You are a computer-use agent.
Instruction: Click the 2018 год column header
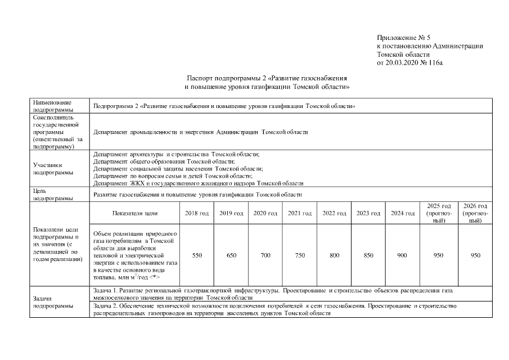pyautogui.click(x=197, y=213)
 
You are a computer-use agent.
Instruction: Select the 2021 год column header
pyautogui.click(x=300, y=213)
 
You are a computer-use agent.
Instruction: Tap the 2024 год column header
pyautogui.click(x=402, y=213)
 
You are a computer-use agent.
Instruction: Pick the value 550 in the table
pyautogui.click(x=197, y=255)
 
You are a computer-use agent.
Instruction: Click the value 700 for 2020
pyautogui.click(x=265, y=255)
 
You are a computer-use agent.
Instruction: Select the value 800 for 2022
pyautogui.click(x=334, y=255)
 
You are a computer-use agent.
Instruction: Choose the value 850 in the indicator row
pyautogui.click(x=368, y=255)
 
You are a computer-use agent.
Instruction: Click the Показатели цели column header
pyautogui.click(x=135, y=213)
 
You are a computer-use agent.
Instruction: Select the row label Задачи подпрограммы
pyautogui.click(x=53, y=302)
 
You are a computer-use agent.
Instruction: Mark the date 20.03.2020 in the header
pyautogui.click(x=403, y=63)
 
